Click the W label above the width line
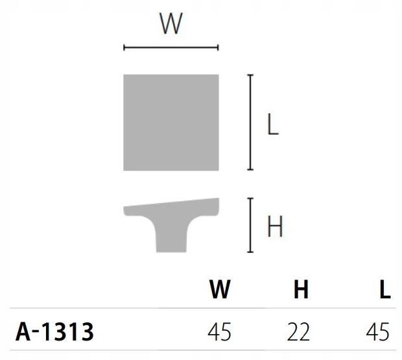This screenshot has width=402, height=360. [x=171, y=23]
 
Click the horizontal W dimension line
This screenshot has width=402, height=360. [x=171, y=47]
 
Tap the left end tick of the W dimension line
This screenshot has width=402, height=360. [x=124, y=47]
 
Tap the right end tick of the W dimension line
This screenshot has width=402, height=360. [x=218, y=47]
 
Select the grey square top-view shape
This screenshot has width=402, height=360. [x=171, y=123]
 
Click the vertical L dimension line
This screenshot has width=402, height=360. [x=250, y=122]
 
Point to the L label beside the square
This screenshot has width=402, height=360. [x=273, y=125]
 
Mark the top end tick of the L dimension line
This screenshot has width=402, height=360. [x=250, y=75]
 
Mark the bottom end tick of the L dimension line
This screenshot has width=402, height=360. [x=250, y=169]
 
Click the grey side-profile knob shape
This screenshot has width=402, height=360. [x=171, y=221]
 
